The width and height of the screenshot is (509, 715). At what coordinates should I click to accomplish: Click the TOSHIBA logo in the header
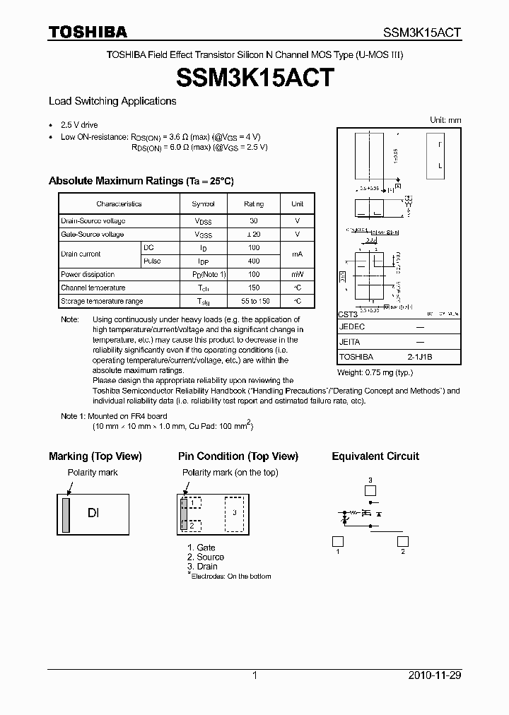88,32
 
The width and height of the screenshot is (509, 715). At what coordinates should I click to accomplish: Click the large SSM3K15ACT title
255,78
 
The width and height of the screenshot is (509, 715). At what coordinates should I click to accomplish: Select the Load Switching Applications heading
112,101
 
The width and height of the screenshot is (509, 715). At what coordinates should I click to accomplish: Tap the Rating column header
254,204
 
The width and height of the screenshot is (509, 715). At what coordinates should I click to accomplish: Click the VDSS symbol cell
202,221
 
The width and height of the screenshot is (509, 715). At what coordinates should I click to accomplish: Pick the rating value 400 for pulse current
254,261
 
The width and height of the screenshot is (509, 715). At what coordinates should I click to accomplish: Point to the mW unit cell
297,274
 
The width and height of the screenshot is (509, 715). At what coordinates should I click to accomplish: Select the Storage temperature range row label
102,301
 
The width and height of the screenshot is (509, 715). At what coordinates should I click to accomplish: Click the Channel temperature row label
93,288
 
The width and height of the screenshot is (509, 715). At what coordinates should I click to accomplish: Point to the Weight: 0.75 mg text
375,372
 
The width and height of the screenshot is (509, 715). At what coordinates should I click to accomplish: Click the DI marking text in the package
93,513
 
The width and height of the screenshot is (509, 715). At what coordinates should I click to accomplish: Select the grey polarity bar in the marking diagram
66,514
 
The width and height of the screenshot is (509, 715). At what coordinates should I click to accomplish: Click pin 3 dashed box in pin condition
235,513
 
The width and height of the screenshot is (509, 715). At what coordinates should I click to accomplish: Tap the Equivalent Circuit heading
375,456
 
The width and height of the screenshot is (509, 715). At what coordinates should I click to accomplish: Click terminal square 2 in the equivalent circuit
403,541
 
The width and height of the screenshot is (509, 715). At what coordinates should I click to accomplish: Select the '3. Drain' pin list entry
202,567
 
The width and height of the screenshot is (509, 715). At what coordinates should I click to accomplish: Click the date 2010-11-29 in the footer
435,675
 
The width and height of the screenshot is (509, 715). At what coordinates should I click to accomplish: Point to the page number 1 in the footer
255,675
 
